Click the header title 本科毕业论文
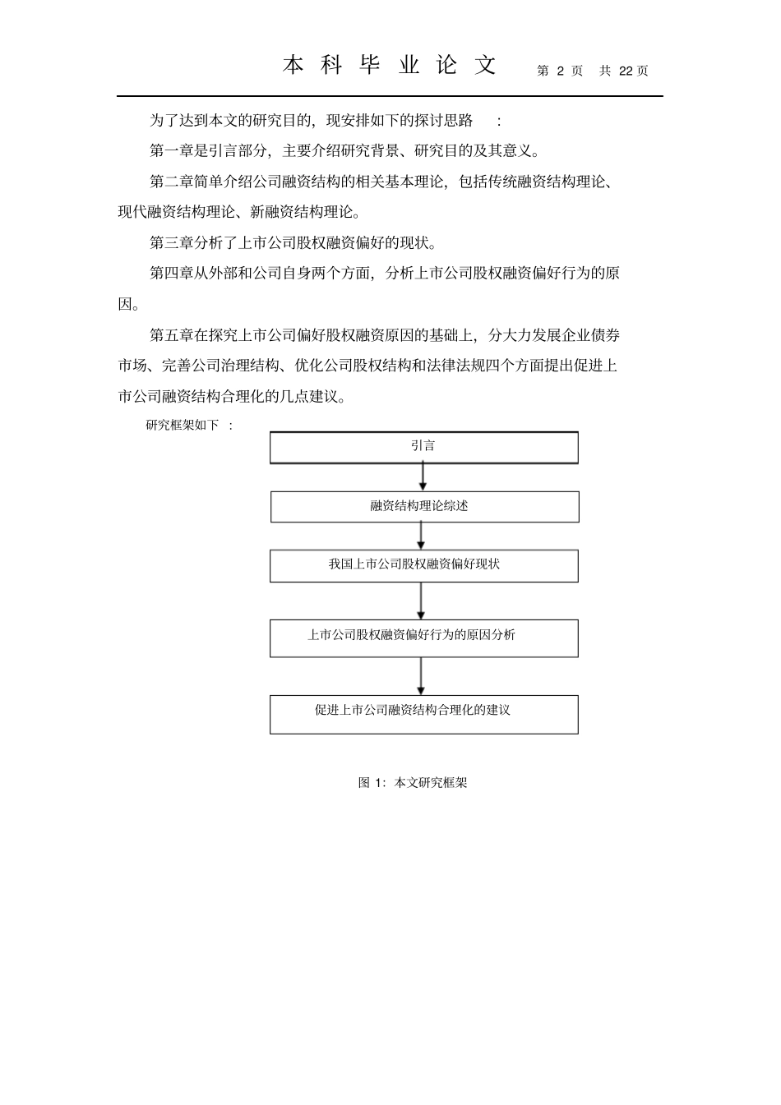tap(390, 66)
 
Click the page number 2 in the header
tap(560, 71)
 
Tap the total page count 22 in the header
tap(626, 71)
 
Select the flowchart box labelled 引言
tap(423, 447)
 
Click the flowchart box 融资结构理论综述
tap(424, 506)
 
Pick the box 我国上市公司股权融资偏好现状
tap(423, 565)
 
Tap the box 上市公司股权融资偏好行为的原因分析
tap(423, 637)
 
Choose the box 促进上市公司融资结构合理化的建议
tap(423, 713)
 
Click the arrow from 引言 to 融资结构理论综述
tap(423, 477)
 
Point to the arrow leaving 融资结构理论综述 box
tap(421, 535)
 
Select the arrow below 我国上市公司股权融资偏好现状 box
tap(421, 601)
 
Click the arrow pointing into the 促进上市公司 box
tap(421, 675)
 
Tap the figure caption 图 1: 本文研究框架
tap(413, 783)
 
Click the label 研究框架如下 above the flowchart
tap(183, 425)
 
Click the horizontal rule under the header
tap(390, 96)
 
